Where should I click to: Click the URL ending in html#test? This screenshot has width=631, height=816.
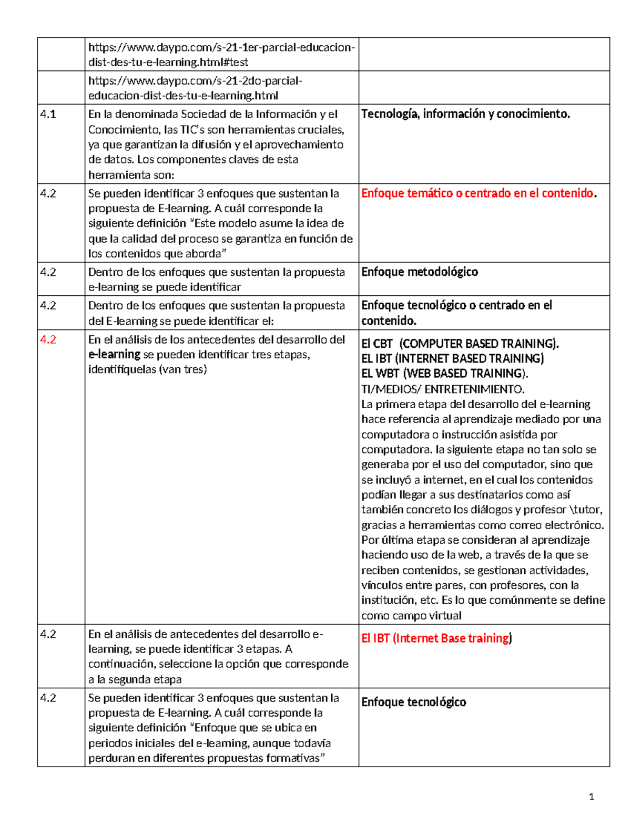click(221, 55)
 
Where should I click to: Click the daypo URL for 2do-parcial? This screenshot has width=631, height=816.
click(195, 88)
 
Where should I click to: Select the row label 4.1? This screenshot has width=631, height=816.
click(48, 115)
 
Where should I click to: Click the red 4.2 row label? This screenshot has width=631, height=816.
click(48, 340)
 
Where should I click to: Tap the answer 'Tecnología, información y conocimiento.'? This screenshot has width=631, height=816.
click(465, 114)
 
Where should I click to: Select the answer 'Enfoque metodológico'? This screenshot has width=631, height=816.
click(420, 272)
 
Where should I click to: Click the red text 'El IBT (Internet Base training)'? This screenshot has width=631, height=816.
click(436, 638)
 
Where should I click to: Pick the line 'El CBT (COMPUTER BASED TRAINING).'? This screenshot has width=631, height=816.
click(460, 344)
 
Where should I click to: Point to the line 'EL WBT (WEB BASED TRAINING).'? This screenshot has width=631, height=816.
click(445, 374)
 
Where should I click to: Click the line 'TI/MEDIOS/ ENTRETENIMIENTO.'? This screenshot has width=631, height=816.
click(443, 389)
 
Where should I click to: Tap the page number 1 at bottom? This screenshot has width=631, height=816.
click(592, 797)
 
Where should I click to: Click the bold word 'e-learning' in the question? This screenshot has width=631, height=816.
click(114, 355)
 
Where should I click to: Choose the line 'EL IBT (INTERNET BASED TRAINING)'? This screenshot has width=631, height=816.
click(452, 358)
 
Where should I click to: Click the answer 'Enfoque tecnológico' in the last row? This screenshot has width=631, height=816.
click(413, 703)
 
